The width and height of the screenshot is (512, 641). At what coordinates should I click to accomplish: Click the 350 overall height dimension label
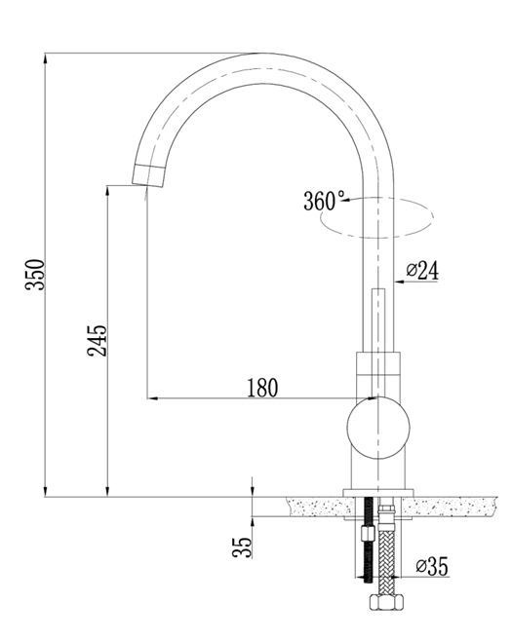coord(35,275)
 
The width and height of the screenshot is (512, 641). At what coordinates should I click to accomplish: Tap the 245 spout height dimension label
coord(98,341)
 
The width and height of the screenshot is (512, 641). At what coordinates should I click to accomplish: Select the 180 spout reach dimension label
coord(262,388)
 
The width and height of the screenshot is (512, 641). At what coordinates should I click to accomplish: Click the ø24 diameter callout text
coord(422,270)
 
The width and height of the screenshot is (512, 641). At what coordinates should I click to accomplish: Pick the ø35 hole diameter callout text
coord(432,566)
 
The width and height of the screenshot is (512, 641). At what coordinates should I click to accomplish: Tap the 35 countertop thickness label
coord(242,547)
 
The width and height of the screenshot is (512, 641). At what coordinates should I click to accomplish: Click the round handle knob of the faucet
coord(378,427)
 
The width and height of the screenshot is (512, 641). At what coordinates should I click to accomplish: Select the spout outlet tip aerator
coord(148,175)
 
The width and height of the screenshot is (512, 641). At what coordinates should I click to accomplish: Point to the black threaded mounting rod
coord(369,540)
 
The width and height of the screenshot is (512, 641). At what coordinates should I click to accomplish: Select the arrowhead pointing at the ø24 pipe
coord(400,282)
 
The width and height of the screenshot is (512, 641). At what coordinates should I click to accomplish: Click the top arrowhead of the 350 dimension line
coord(45,58)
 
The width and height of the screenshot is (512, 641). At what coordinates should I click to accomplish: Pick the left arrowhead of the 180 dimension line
coord(152,397)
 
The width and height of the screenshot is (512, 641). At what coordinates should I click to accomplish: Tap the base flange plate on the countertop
coord(378,493)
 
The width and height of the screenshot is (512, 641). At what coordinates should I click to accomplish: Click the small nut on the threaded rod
coord(367,534)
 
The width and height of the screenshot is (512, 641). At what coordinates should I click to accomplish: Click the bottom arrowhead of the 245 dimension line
coord(107,491)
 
